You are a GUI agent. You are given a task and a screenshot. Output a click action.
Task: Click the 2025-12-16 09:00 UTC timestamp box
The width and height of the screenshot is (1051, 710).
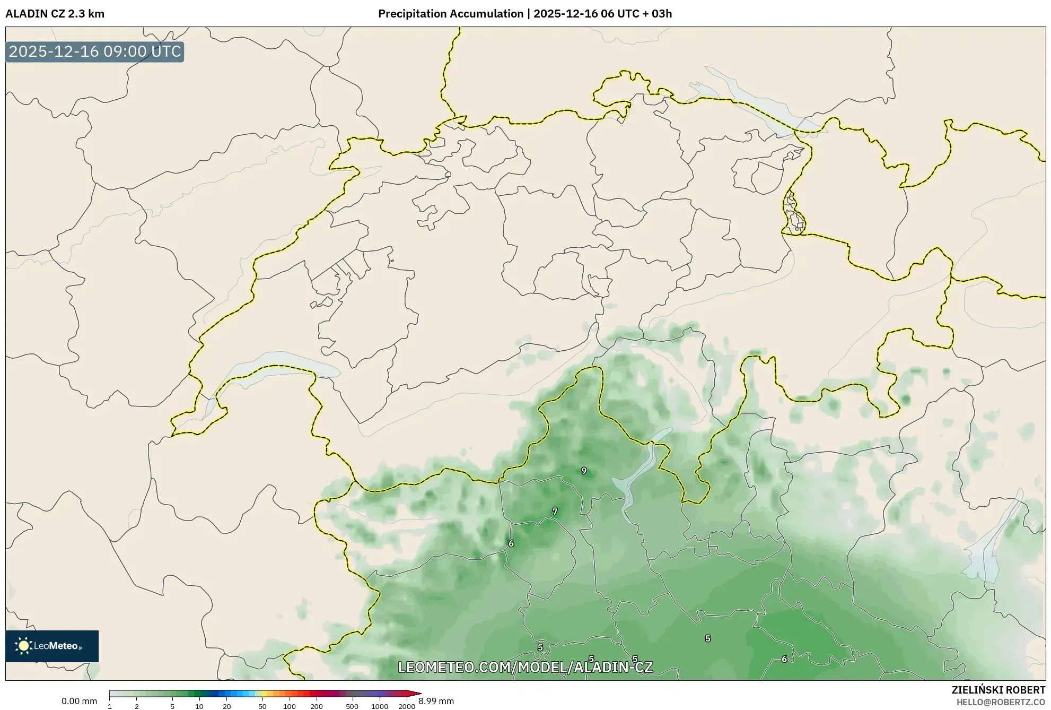pos(95,51)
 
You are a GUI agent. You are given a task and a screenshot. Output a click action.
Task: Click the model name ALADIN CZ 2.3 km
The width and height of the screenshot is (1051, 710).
pos(55,14)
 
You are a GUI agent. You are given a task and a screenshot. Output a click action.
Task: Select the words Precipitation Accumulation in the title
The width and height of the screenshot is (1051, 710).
pos(450,14)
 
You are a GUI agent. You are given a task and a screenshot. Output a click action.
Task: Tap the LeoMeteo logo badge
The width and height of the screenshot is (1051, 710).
pos(52,646)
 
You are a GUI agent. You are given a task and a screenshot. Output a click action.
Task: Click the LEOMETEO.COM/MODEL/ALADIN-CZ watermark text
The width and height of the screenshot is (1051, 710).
pos(525,667)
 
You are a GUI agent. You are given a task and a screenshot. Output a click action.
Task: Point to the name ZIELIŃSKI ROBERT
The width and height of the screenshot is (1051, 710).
pos(998,690)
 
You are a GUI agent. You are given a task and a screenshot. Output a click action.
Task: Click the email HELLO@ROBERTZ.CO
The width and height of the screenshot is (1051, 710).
pos(1001,702)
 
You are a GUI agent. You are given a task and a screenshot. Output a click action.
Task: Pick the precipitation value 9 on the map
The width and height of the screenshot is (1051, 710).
pos(584,471)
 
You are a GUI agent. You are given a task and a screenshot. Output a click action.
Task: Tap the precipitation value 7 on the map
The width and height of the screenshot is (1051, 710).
pos(555,512)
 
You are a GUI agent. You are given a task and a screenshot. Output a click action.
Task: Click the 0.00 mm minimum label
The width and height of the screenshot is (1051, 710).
pos(79,701)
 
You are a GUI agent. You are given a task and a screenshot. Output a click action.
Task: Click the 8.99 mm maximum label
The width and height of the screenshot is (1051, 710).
pos(436,701)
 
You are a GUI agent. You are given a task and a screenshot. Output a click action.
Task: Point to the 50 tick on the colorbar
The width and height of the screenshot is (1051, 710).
pos(262,706)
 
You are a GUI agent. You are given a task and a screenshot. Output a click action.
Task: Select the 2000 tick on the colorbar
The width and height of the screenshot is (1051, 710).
pos(407,706)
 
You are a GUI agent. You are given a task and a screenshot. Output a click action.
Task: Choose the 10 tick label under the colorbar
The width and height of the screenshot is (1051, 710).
pos(199,706)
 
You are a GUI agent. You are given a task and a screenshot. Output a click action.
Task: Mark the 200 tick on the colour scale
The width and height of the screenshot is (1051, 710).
pos(317,706)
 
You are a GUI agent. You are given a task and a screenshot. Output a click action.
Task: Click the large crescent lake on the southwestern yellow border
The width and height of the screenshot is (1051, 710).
pos(276,361)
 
